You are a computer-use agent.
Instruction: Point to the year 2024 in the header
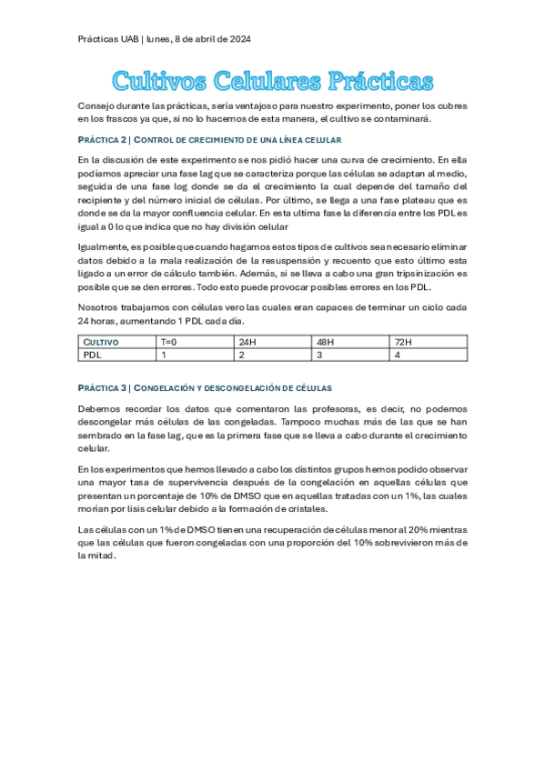(237, 40)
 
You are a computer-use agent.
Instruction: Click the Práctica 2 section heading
(210, 139)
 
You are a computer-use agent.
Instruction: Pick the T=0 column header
(169, 342)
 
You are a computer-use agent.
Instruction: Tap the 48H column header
(324, 342)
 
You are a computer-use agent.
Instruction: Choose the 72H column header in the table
(402, 342)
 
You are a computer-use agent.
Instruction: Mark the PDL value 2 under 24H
(241, 355)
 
